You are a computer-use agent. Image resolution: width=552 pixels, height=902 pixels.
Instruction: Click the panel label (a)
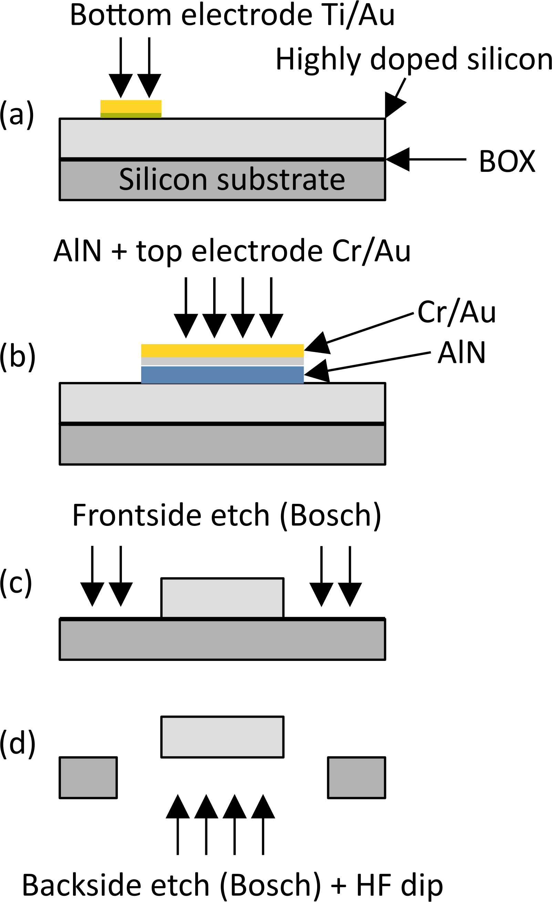tap(17, 115)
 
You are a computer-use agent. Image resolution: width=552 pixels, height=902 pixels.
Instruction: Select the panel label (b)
tap(17, 356)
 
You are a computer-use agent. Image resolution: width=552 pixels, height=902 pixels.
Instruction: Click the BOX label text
tap(507, 161)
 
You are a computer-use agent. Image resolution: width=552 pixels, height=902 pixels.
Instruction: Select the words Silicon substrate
tap(232, 180)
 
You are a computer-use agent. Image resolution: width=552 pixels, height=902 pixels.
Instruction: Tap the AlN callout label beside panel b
tap(461, 353)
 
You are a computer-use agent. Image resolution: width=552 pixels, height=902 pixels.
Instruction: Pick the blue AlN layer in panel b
tap(222, 375)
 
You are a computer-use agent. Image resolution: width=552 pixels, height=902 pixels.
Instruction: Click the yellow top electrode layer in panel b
tap(222, 350)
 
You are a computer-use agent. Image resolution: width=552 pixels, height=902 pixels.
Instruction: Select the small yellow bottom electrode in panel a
tap(131, 106)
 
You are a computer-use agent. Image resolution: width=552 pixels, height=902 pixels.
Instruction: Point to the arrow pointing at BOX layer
tap(425, 159)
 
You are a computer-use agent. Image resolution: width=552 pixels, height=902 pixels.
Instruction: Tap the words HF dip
tap(399, 885)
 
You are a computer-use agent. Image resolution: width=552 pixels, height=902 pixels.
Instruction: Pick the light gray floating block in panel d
tap(222, 737)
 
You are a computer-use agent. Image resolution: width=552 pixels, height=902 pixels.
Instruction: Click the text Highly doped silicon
tap(414, 59)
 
